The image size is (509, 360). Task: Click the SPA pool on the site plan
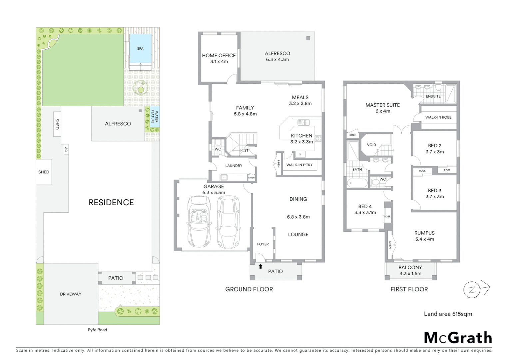[x=140, y=49]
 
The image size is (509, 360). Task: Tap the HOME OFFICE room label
[x=219, y=56]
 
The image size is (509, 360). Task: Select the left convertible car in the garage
[x=199, y=222]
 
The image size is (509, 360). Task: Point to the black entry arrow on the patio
[x=260, y=266]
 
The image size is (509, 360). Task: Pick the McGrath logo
[x=458, y=338]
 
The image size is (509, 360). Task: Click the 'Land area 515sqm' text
[x=448, y=314]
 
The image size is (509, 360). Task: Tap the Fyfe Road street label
[x=97, y=330]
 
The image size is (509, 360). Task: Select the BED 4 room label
[x=365, y=207]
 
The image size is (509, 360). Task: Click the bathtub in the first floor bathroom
[x=357, y=183]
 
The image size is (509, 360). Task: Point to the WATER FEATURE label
[x=155, y=117]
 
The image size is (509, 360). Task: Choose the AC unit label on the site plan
[x=66, y=150]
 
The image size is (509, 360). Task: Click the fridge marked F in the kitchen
[x=300, y=154]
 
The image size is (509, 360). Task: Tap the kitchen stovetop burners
[x=318, y=138]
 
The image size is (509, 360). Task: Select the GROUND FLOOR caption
[x=249, y=289]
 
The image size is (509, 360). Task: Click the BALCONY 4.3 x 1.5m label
[x=410, y=270]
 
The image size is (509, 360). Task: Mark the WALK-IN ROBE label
[x=438, y=117]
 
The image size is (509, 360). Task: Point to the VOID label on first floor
[x=371, y=145]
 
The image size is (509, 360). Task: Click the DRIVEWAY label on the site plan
[x=71, y=294]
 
